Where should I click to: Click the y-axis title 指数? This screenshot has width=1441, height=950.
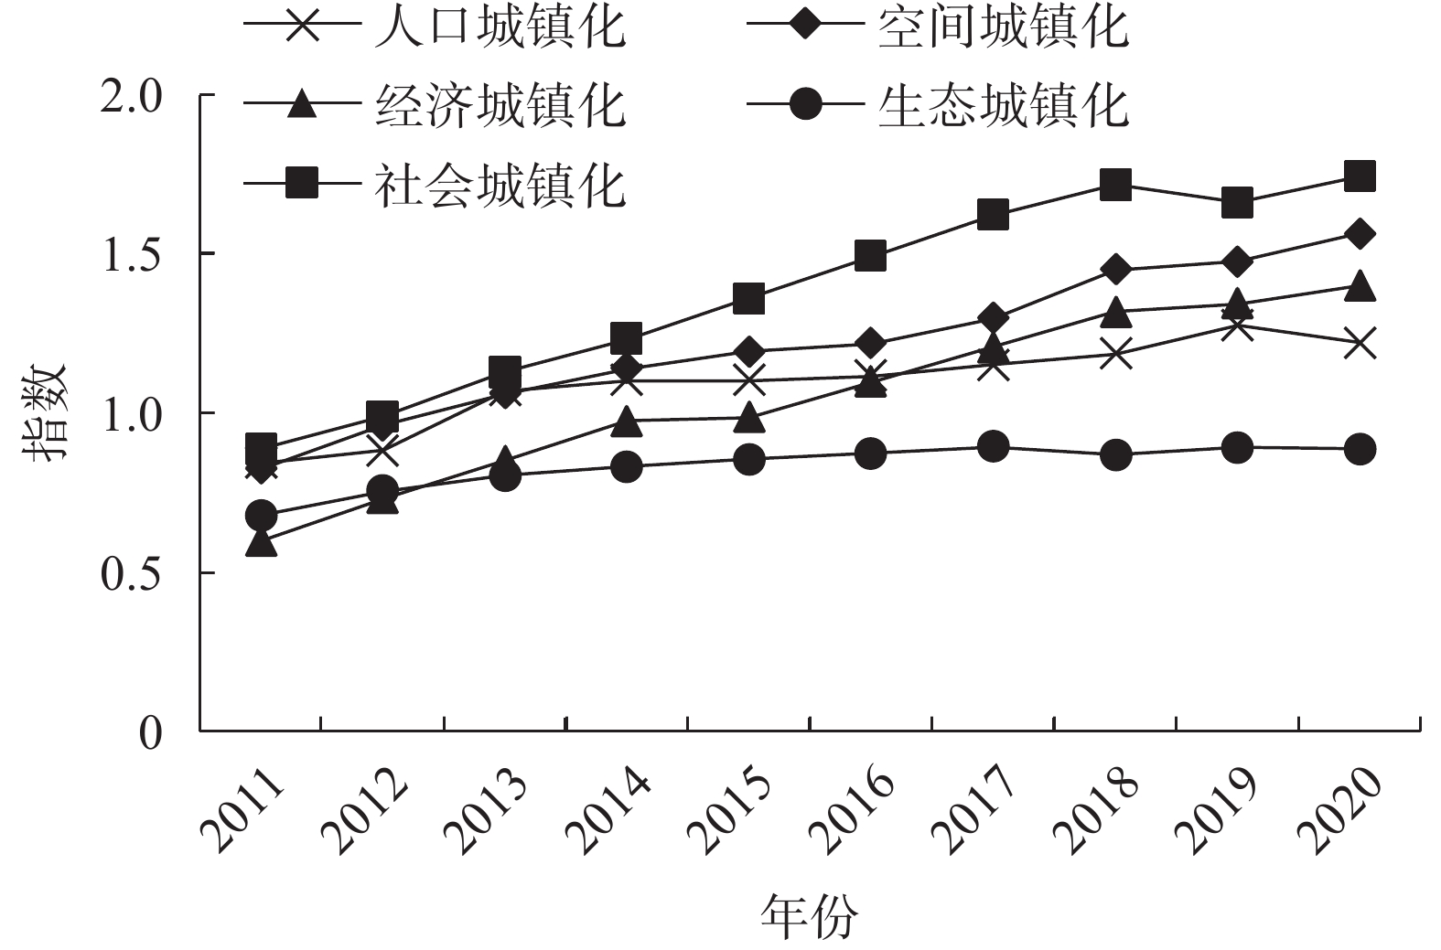pos(46,413)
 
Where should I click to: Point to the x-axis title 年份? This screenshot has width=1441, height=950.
pos(810,917)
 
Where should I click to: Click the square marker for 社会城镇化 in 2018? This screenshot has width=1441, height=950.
pos(1115,184)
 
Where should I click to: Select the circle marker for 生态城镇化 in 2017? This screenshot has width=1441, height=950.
pos(993,447)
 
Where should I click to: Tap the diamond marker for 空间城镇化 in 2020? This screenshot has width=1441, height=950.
pos(1360,234)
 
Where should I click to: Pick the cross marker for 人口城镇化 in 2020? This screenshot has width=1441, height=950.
pos(1360,345)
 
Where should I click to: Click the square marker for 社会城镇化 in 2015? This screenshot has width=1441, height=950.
pos(748,298)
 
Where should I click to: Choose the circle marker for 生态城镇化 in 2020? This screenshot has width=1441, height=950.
pos(1360,449)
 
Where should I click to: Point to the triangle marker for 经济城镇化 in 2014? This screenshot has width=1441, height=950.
pos(627,421)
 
